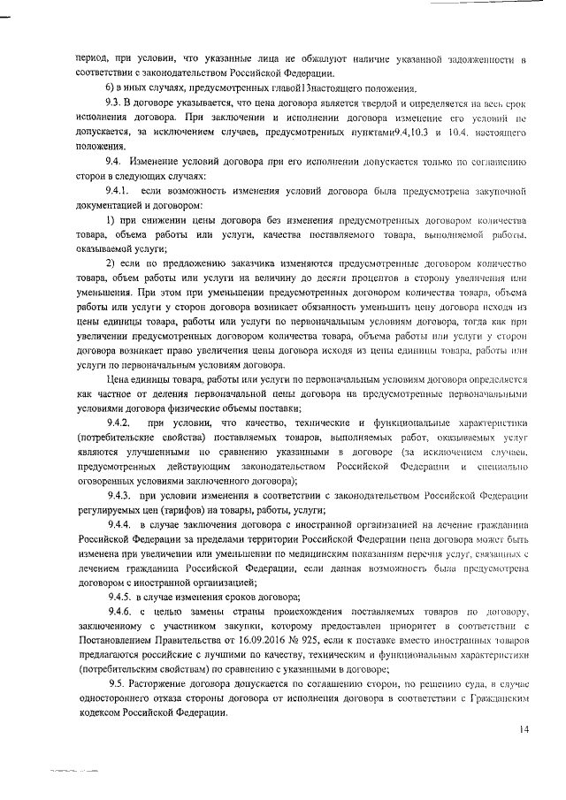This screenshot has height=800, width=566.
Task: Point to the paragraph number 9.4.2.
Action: [x=120, y=423]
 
